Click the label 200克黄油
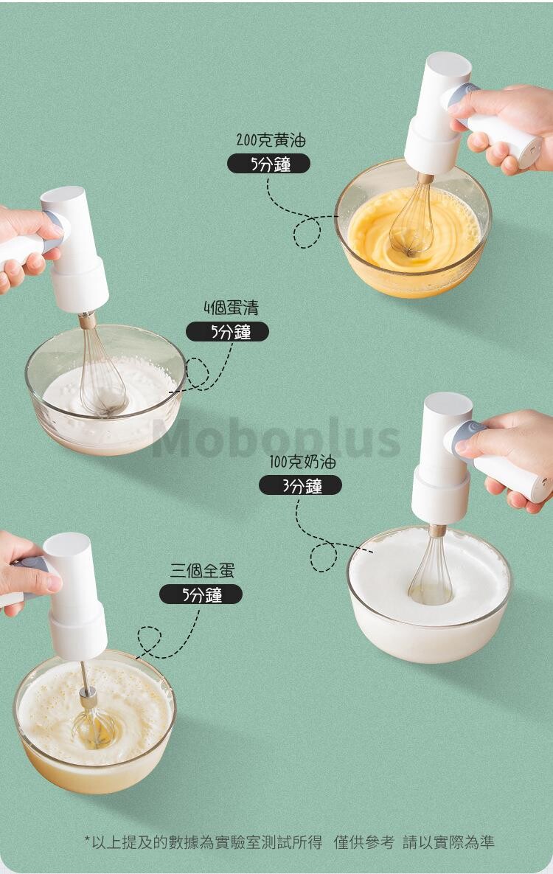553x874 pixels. pyautogui.click(x=271, y=140)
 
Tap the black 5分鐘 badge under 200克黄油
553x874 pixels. pyautogui.click(x=268, y=164)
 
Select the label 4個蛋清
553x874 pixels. pyautogui.click(x=231, y=308)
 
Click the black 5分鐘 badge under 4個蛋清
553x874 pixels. pyautogui.click(x=227, y=332)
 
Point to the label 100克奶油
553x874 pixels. pyautogui.click(x=303, y=462)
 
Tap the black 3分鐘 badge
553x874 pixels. pyautogui.click(x=301, y=486)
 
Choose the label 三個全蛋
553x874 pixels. pyautogui.click(x=202, y=571)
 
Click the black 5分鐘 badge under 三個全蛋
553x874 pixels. pyautogui.click(x=201, y=594)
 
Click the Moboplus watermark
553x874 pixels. pyautogui.click(x=276, y=438)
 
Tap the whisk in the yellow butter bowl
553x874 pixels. pyautogui.click(x=413, y=218)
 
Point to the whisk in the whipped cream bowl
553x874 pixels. pyautogui.click(x=431, y=569)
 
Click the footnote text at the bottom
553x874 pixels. pyautogui.click(x=289, y=842)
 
